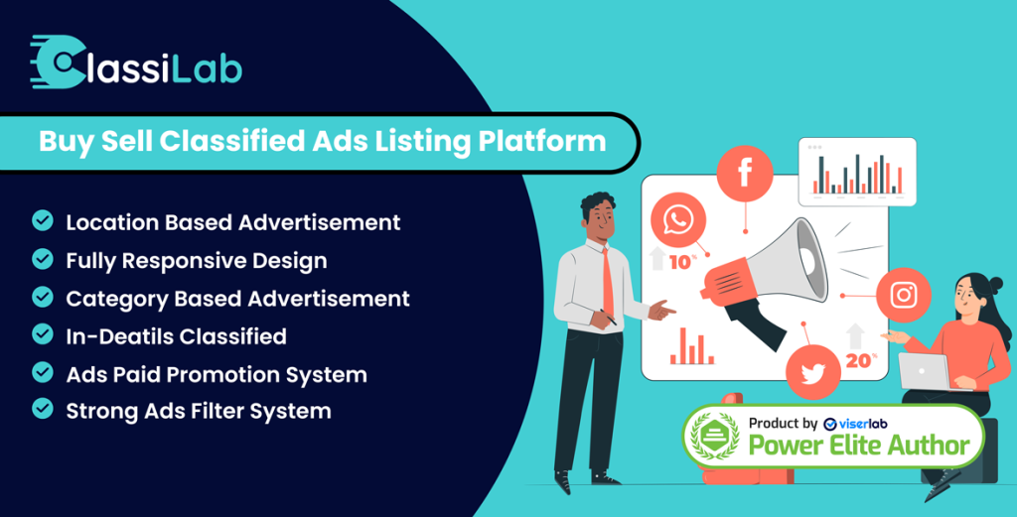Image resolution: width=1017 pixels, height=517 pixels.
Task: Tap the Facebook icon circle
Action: [745, 174]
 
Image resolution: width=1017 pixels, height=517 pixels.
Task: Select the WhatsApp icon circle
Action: [677, 220]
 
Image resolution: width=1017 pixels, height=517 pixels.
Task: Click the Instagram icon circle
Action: [904, 296]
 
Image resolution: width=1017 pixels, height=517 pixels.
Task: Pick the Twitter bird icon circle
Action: [812, 372]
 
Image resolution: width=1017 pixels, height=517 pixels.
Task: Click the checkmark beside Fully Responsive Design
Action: [43, 259]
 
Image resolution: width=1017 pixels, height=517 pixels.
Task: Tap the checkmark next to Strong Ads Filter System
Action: [43, 409]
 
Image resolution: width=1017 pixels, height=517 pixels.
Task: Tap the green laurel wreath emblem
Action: [714, 435]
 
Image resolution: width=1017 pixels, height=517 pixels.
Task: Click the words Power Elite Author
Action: [859, 446]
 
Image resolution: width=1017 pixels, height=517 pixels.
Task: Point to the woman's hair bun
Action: [995, 284]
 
